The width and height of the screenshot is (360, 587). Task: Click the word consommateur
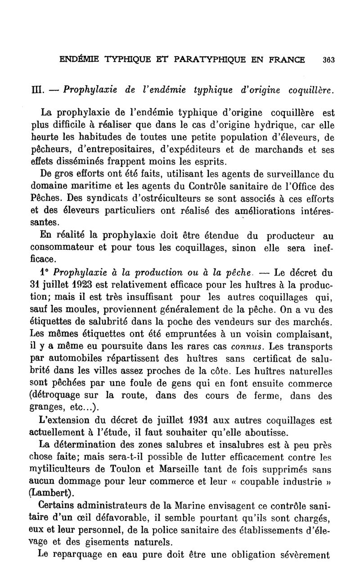click(62, 248)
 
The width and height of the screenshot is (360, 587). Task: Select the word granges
click(47, 408)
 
